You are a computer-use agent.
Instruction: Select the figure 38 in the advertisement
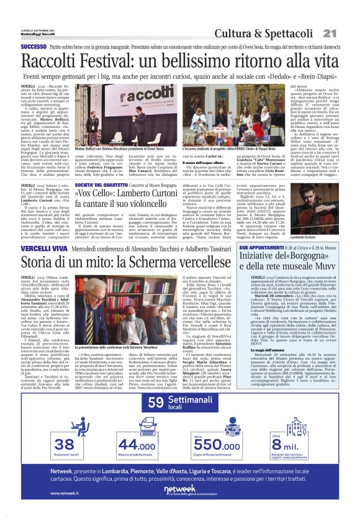(x=65, y=445)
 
